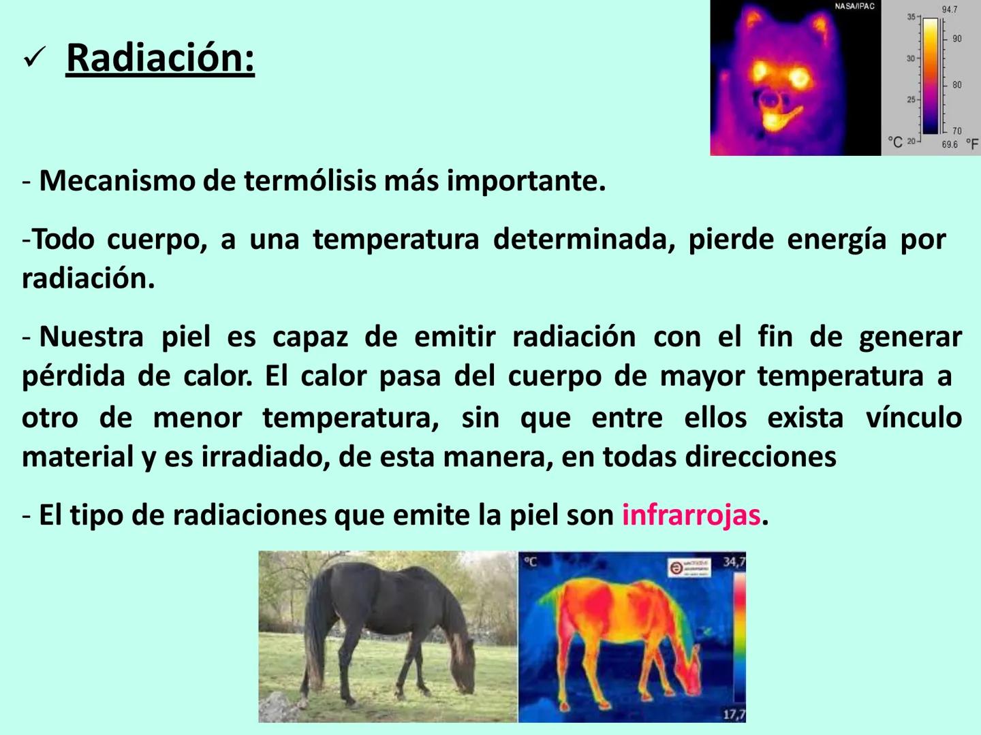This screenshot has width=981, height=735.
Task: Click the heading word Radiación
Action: coord(160,58)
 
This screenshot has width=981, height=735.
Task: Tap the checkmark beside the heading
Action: coord(33,60)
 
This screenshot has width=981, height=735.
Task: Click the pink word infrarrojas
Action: coord(691,515)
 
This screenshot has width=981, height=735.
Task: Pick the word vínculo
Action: coord(913,417)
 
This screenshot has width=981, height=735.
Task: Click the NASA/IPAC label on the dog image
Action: coord(854,7)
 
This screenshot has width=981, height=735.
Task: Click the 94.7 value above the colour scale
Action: coord(949,10)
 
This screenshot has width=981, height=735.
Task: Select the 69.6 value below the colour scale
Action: coord(949,145)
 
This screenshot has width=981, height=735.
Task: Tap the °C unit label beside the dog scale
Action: coord(895,142)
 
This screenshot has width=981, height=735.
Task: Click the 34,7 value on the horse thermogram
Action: coord(734,562)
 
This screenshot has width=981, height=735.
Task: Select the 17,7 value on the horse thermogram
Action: coord(734,714)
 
